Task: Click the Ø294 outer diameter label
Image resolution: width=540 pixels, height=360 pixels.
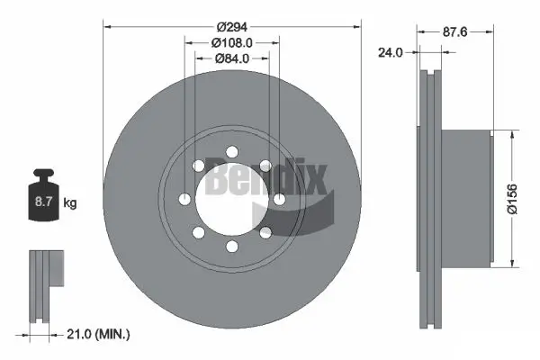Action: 231,26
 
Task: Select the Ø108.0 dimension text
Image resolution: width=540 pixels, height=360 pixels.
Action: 231,43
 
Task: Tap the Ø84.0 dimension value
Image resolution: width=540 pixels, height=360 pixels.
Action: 231,59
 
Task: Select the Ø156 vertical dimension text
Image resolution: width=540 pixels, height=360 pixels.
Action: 511,198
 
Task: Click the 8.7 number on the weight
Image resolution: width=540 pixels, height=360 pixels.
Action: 43,203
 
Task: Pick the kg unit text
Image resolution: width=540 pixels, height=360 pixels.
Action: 70,203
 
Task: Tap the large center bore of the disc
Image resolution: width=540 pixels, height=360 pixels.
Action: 231,198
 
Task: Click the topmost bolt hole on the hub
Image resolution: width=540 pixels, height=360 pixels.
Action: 231,150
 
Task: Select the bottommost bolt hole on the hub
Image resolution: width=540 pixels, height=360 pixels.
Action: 231,246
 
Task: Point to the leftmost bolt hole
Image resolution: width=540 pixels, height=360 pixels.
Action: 184,198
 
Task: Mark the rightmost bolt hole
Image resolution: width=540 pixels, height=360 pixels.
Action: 279,198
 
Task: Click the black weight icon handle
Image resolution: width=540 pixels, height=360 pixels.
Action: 43,175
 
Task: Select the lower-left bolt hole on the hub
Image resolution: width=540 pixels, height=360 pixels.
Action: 198,231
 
